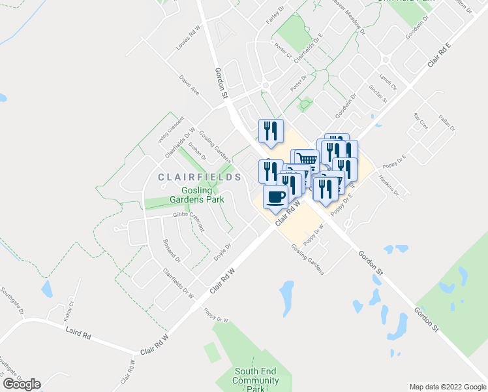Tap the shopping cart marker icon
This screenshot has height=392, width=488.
point(307,159)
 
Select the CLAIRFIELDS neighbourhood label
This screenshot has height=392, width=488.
point(189,176)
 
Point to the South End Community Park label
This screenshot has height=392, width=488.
point(256,380)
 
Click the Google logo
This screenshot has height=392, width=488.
point(22,384)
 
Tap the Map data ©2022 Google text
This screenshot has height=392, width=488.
point(447,386)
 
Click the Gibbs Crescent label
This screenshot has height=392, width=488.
point(189,221)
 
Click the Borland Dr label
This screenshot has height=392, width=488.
point(172,250)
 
